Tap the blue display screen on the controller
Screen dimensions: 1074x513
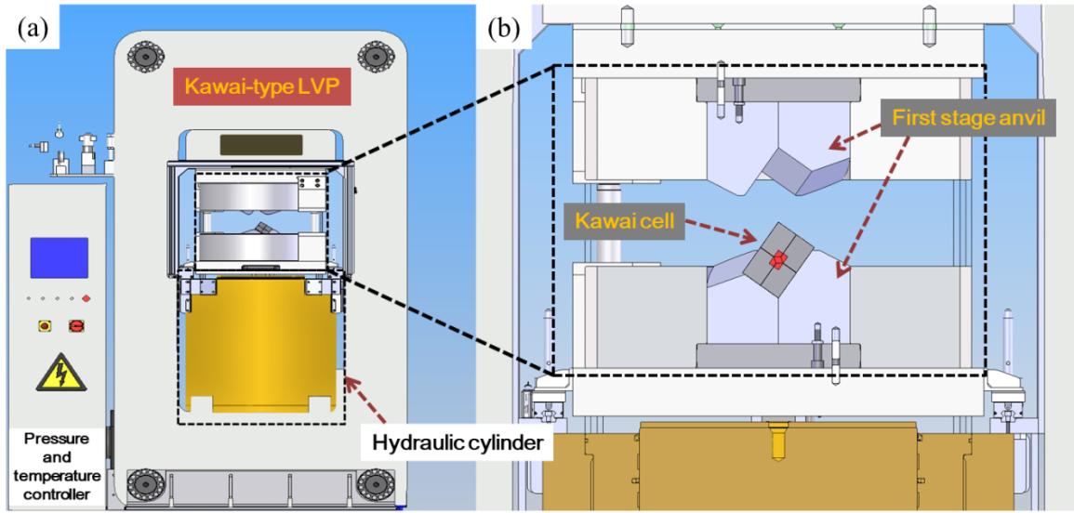(59, 257)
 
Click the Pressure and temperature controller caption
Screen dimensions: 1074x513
(56, 466)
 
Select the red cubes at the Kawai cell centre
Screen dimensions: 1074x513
(778, 260)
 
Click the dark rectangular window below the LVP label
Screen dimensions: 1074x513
(261, 145)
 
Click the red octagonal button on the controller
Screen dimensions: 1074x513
(76, 326)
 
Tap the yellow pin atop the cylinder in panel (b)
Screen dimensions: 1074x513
(776, 444)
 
